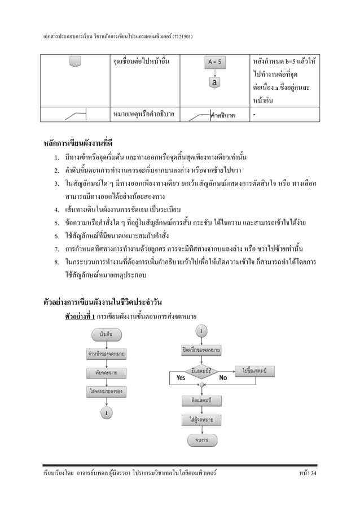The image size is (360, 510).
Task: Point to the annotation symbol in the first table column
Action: [x=76, y=116]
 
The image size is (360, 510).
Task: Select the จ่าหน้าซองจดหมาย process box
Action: [x=106, y=355]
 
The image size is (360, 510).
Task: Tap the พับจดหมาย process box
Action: [x=106, y=372]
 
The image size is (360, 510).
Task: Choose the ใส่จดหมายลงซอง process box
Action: [x=106, y=390]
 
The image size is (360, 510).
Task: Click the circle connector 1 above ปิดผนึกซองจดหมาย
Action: [x=201, y=330]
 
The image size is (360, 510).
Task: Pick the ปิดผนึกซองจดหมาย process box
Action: [x=201, y=350]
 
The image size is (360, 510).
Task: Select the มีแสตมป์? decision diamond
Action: [x=201, y=371]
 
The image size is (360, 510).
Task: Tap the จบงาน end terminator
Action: [x=201, y=440]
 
